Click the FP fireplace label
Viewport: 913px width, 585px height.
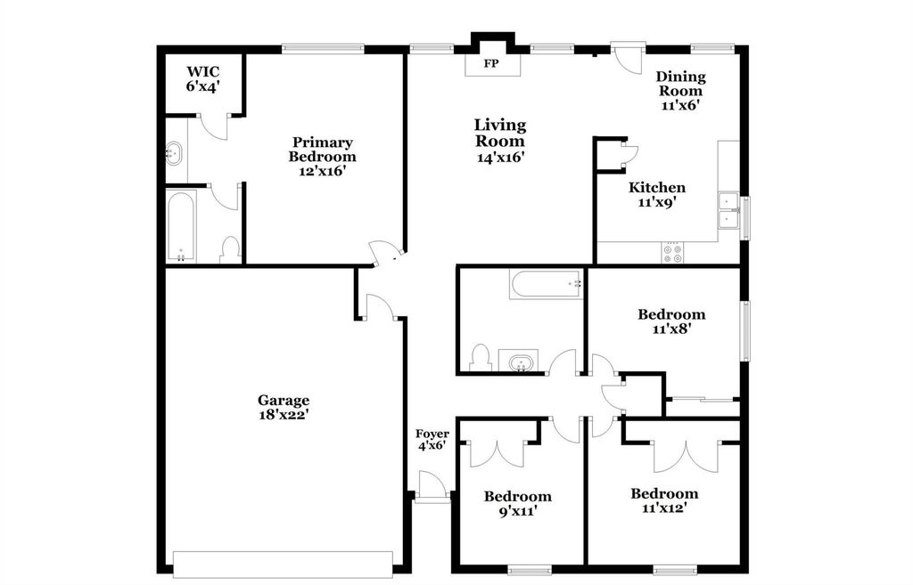click(490, 64)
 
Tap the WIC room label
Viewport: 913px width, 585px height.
click(202, 72)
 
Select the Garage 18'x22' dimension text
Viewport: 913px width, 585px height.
click(284, 414)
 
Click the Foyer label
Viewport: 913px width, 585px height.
click(432, 435)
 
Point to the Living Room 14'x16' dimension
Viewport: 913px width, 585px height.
click(499, 157)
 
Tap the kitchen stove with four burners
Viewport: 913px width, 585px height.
click(671, 253)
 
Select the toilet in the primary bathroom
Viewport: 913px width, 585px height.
click(230, 248)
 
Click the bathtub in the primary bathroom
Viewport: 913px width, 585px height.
click(182, 226)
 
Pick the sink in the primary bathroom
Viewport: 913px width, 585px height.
click(175, 154)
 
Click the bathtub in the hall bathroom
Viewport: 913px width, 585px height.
click(546, 285)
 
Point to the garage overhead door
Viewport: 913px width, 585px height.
click(283, 563)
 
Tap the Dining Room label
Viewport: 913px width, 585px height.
click(680, 84)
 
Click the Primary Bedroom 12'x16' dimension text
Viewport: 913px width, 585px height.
click(322, 171)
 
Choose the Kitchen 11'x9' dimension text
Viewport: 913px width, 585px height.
click(657, 202)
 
